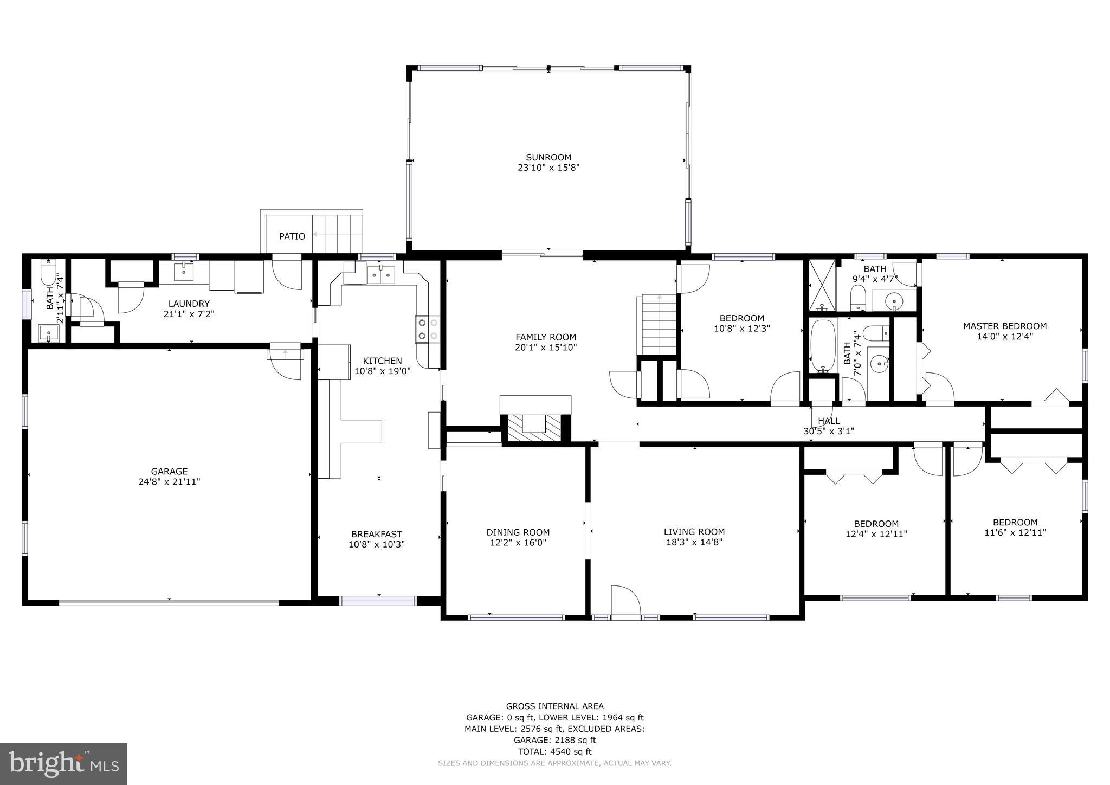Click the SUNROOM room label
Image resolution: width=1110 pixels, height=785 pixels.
(x=548, y=158)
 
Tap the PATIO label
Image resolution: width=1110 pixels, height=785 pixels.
(x=292, y=236)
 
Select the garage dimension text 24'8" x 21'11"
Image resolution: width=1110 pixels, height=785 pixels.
(x=169, y=481)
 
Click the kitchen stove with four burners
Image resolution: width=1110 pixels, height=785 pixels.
(x=428, y=329)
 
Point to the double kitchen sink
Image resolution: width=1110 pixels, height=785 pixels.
(x=382, y=275)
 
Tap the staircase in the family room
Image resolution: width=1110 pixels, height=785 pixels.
(x=659, y=324)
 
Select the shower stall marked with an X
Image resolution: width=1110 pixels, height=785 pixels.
(x=822, y=285)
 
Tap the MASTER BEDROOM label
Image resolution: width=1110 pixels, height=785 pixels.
(x=1004, y=326)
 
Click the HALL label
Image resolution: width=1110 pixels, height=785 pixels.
(x=829, y=421)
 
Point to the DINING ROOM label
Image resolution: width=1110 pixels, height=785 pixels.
(x=518, y=532)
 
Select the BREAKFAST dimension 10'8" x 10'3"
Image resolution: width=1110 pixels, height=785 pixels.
(x=377, y=544)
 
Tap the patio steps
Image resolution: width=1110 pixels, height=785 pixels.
(x=337, y=234)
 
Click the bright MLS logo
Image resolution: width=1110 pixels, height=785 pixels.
(x=63, y=763)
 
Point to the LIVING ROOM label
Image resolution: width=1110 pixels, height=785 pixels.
(x=694, y=532)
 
